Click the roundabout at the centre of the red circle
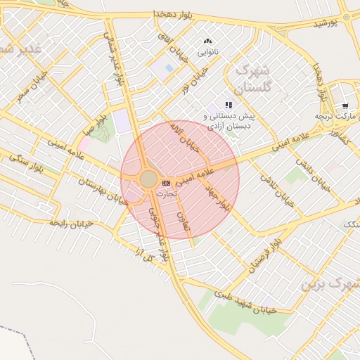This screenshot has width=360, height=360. coord(148,179)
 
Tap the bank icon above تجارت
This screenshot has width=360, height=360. coord(166,183)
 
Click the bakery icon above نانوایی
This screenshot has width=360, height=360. coord(207,42)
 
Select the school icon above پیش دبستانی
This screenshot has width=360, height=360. coord(229,105)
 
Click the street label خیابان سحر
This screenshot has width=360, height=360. coord(33,84)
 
